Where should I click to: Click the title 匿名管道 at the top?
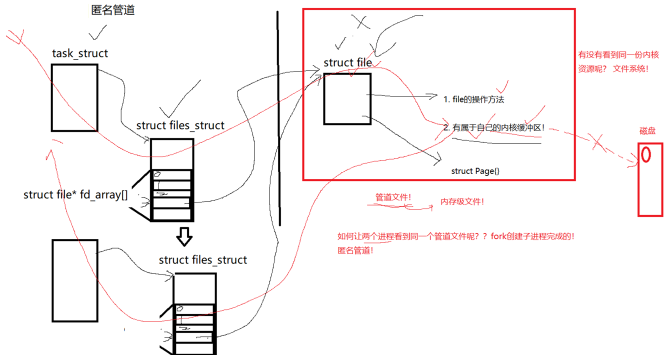tap(113, 9)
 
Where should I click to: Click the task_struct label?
tap(80, 53)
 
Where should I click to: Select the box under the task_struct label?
tap(74, 97)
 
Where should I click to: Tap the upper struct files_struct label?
tap(180, 125)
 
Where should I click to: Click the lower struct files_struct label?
tap(203, 260)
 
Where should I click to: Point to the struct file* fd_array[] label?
tap(75, 194)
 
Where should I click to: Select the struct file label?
tap(347, 62)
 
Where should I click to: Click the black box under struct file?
tap(347, 98)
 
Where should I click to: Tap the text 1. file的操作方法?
tap(473, 99)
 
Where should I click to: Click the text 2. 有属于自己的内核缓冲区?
tap(493, 128)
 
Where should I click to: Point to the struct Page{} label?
tap(475, 171)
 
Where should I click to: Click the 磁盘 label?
tap(647, 131)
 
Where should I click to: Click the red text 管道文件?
tap(393, 197)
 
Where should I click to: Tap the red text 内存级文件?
tap(462, 201)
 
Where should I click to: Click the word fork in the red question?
tap(499, 236)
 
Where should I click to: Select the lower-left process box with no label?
tap(74, 280)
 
